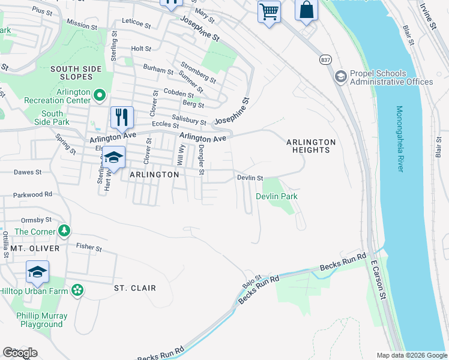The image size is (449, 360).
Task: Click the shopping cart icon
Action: coord(269,11)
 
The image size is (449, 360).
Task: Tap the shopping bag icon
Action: coord(306,10)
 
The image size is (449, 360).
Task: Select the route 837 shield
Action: coord(325,60)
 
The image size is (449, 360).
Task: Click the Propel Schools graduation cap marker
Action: coord(341,76)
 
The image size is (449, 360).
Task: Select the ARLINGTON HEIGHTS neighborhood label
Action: coord(310,146)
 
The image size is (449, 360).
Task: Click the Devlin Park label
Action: coord(277,196)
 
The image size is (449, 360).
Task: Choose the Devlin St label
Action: coord(250,178)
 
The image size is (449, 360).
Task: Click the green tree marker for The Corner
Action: coord(64,231)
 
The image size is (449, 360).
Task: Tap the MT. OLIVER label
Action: coord(35,248)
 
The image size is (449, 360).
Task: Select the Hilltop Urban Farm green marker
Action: coord(77,290)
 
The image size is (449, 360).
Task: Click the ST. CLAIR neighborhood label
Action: coord(135,288)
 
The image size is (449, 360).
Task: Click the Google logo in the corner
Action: coord(20,352)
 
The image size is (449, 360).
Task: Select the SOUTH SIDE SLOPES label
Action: coord(80,73)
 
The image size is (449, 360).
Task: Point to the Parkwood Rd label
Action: coord(33,194)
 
